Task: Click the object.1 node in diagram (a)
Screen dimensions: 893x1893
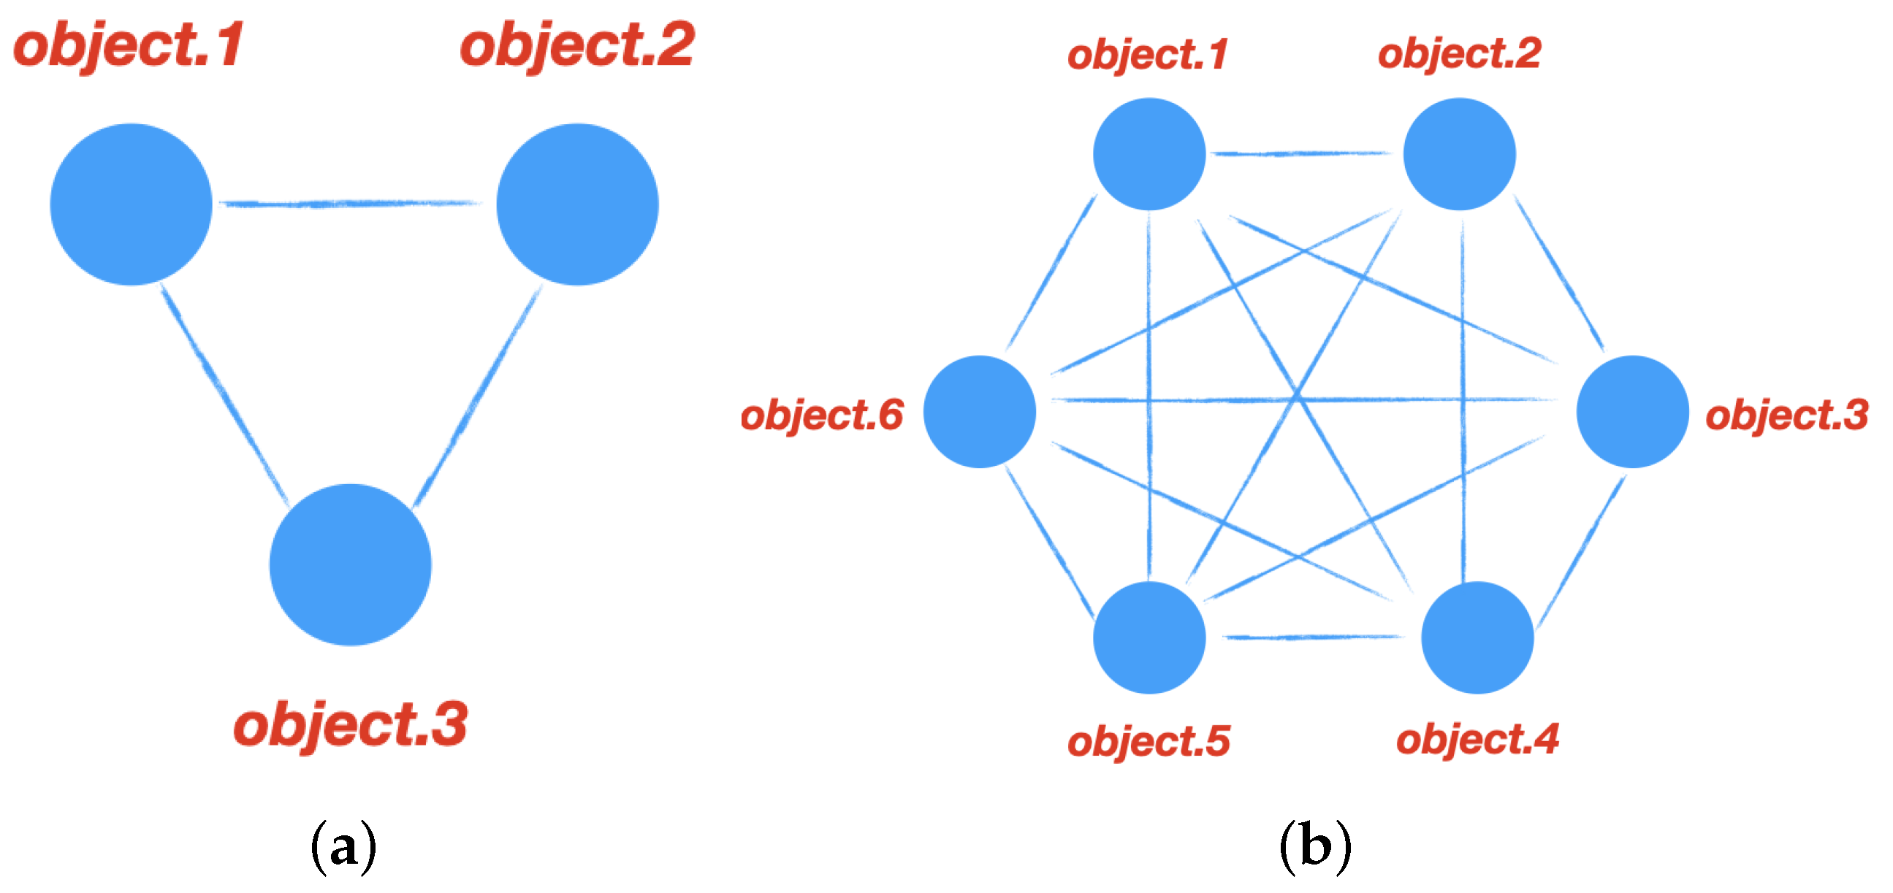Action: tap(131, 204)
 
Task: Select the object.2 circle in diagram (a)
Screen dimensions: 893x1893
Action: tap(578, 204)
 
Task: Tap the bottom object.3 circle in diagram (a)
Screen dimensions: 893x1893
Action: tap(351, 564)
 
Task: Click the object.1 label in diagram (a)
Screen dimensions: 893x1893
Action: tap(129, 45)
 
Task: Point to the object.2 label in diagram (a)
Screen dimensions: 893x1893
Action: tap(578, 45)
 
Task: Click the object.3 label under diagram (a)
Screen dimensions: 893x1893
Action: tap(351, 724)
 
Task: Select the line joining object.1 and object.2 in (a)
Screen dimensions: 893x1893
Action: tap(353, 204)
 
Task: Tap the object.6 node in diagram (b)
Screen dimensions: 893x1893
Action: tap(980, 411)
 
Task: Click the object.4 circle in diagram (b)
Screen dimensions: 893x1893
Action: tap(1477, 637)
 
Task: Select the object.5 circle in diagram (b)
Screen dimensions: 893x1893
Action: tap(1149, 637)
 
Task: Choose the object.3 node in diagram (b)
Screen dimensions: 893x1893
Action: tap(1633, 411)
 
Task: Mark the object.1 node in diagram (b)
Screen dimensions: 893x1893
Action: tap(1149, 154)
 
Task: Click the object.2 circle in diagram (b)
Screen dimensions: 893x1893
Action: tap(1460, 154)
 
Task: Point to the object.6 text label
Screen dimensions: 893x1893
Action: tap(822, 415)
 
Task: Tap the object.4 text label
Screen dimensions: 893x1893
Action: tap(1477, 739)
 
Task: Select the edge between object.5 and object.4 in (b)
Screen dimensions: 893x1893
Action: tap(1313, 637)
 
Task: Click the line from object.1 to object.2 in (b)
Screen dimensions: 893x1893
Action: tap(1300, 153)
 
